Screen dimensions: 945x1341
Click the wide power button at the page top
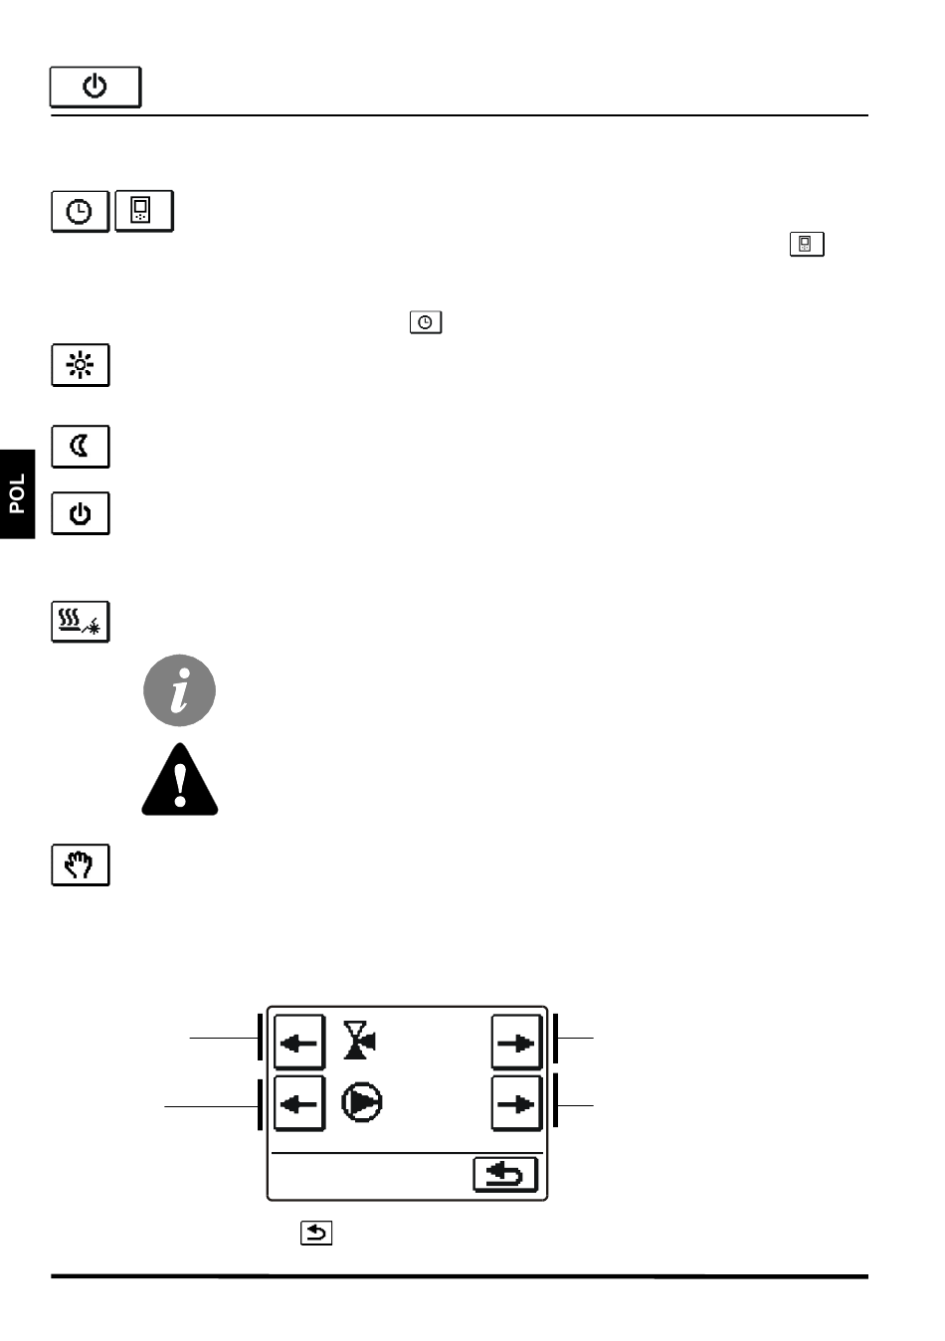(x=95, y=88)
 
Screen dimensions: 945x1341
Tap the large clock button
(x=80, y=212)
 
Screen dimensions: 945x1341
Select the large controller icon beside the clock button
(x=143, y=211)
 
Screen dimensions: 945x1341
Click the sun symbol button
(x=81, y=365)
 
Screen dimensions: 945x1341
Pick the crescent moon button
(x=81, y=447)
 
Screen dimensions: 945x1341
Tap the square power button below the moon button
(x=81, y=513)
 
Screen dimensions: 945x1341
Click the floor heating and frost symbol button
(x=81, y=622)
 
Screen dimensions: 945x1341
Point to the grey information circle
(x=180, y=690)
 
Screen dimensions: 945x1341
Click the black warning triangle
(x=180, y=781)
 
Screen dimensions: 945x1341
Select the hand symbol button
(x=81, y=864)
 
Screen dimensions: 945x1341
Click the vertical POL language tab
(x=17, y=494)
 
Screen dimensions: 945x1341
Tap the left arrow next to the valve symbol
(x=298, y=1043)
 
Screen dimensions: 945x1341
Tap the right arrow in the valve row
(x=516, y=1043)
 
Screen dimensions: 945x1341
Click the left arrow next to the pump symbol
(x=298, y=1103)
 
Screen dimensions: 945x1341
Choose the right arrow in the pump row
(x=516, y=1103)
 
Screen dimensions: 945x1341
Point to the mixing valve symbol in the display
(x=360, y=1041)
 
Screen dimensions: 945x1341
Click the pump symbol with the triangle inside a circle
(x=362, y=1103)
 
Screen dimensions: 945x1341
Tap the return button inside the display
(x=504, y=1175)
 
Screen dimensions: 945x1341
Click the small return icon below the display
(x=316, y=1234)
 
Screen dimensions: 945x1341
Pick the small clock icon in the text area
(x=426, y=322)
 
